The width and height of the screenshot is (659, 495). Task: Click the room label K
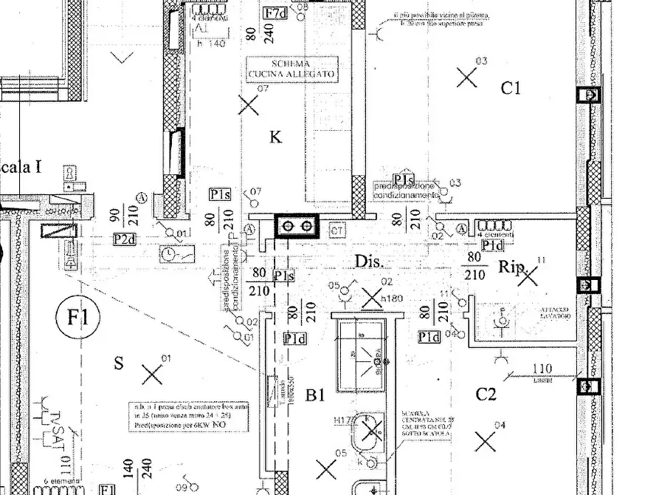276,137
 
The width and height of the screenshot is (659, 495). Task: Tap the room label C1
511,89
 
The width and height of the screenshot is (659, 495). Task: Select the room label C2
485,395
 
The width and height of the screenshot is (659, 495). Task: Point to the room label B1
316,396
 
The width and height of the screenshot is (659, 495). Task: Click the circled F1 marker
77,318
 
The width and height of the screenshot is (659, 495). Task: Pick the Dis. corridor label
368,262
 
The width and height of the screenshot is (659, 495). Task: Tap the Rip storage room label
511,266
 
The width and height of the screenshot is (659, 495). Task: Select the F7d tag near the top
275,13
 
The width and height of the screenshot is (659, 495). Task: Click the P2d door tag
123,239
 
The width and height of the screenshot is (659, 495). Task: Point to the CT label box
338,231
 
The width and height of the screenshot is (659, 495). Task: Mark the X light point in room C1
466,76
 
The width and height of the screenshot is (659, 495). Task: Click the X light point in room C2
485,442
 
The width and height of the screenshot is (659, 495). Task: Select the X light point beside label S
152,375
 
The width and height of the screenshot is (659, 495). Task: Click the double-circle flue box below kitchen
297,226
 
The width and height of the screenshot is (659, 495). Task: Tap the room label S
118,363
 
